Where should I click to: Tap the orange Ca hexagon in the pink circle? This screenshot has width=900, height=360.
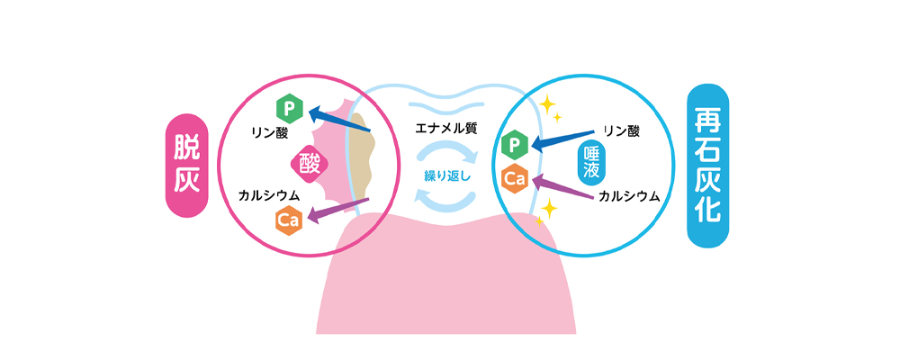point(288,219)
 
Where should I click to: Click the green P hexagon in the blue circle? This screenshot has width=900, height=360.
point(514,144)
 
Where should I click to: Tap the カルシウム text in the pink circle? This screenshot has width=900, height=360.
point(269,194)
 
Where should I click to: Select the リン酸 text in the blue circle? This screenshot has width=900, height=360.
point(621,131)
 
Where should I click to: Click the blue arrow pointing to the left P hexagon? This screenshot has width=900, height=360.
point(339,124)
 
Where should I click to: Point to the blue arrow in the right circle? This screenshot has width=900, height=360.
point(562,138)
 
